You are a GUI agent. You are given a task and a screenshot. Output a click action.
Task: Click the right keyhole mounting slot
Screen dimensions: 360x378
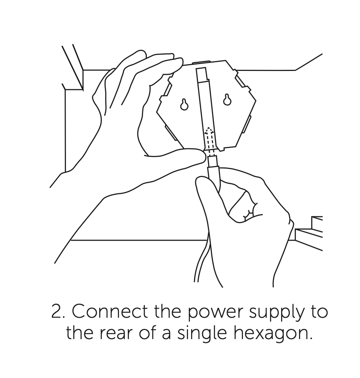point(227,100)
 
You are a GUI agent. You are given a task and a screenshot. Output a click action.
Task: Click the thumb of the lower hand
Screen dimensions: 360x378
point(205,193)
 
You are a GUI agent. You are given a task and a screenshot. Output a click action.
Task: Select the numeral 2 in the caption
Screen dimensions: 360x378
point(56,312)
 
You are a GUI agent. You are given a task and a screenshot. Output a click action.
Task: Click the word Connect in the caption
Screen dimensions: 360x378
point(109,311)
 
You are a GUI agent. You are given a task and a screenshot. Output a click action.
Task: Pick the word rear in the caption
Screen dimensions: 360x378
point(116,334)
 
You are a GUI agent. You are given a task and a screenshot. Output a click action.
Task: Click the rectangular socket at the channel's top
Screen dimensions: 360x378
point(202,74)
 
